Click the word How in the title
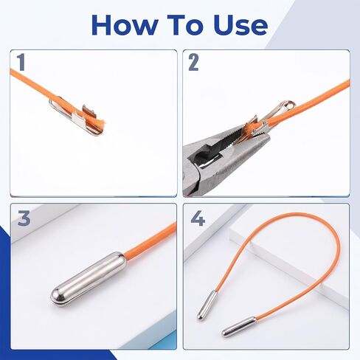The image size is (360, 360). tap(125, 25)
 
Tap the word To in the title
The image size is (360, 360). tap(187, 25)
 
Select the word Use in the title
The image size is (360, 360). tap(240, 25)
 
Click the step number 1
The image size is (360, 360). tap(21, 63)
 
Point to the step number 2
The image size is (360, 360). tap(193, 63)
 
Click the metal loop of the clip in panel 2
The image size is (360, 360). tap(286, 104)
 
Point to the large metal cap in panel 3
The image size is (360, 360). tap(89, 277)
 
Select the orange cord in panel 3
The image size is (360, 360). tap(150, 240)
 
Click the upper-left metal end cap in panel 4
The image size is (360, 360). tap(207, 305)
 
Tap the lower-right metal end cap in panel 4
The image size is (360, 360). tap(239, 327)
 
